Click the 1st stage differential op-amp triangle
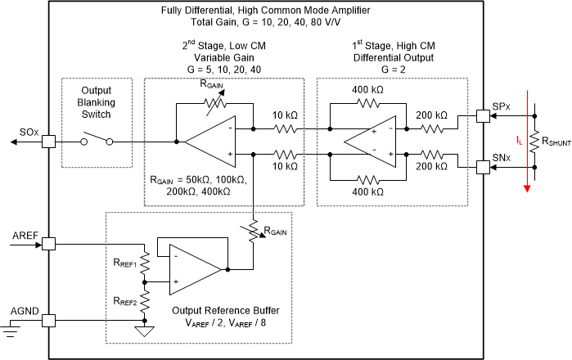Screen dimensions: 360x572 [363, 141]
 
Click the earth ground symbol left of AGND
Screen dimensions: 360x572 [11, 330]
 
